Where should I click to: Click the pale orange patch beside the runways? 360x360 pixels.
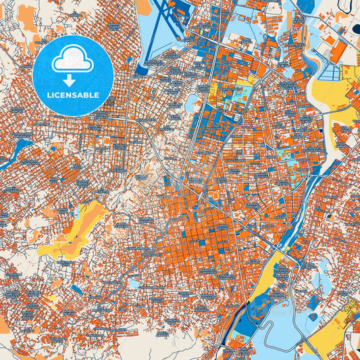(x=146, y=8)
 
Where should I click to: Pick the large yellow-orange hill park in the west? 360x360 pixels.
(x=78, y=226)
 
